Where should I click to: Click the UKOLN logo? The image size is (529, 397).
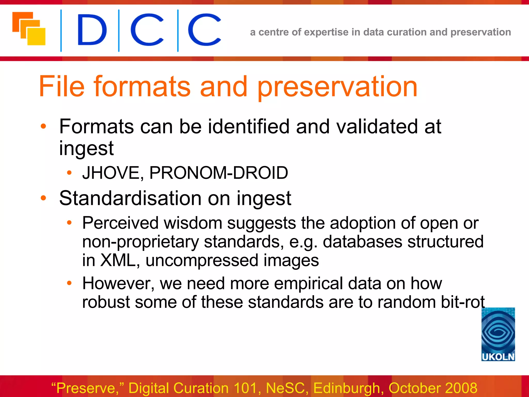coord(498,334)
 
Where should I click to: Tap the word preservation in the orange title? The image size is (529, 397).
coord(337,87)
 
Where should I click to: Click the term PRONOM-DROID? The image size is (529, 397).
coord(219,173)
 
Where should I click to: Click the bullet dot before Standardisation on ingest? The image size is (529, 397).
coord(43,198)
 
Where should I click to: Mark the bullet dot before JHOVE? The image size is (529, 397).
coord(69,173)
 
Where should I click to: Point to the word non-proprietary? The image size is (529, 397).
coord(140,242)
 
